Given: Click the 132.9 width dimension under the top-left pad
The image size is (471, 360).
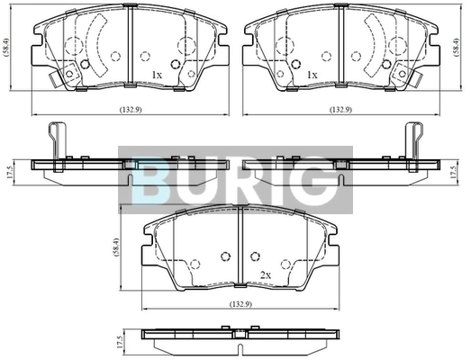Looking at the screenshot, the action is click(131, 110).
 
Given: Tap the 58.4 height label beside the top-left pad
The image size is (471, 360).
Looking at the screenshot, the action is click(6, 48).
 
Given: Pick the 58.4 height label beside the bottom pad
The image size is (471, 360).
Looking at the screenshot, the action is click(117, 247).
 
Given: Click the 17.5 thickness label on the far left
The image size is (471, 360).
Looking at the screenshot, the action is click(9, 173).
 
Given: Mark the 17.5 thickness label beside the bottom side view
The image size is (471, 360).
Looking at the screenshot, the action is click(121, 342).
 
